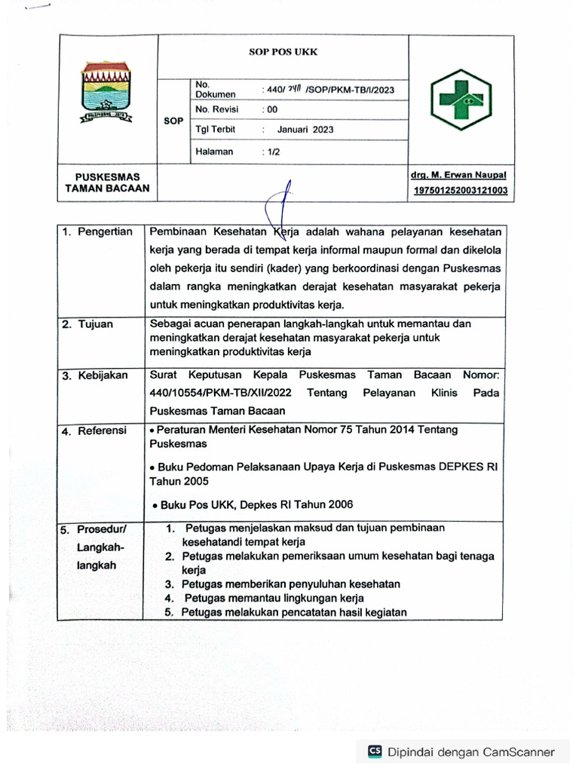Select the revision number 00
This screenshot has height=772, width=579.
tap(269, 109)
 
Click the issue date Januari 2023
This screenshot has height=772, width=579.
tap(305, 130)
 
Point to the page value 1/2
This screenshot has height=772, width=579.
tap(270, 152)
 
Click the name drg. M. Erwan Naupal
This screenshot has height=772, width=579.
tap(458, 175)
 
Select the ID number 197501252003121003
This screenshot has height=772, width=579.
tap(460, 191)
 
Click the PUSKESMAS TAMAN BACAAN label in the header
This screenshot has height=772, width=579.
tap(106, 182)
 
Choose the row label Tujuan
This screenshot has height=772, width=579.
tap(95, 324)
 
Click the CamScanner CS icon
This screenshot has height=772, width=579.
tap(375, 751)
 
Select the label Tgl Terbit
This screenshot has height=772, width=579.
tap(215, 130)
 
